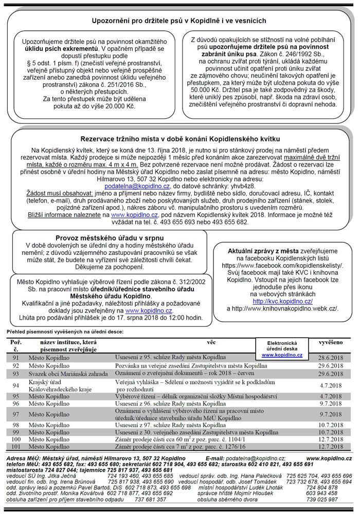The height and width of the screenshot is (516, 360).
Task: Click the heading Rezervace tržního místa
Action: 180,139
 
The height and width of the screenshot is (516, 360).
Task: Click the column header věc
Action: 211,340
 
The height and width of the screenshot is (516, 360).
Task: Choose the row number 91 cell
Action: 16,357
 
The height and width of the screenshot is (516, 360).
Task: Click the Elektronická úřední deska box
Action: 281,348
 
